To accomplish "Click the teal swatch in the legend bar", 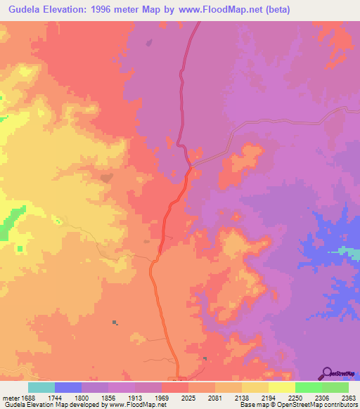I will coord(41,387).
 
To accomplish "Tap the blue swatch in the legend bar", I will coord(68,387).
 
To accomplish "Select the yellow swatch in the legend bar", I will coord(282,387).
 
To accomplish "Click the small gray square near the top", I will coord(148,42).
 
